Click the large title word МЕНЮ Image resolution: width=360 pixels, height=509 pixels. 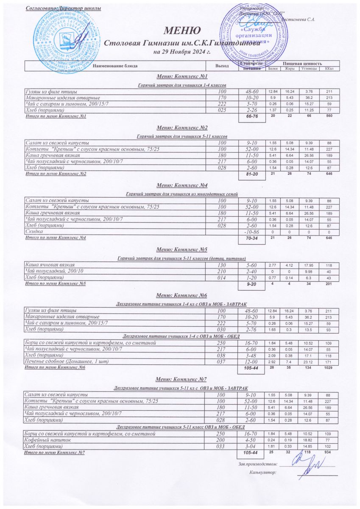[x=182, y=31]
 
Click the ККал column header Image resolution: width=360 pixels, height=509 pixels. [x=328, y=68]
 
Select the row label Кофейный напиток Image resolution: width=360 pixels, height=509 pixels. [x=46, y=440]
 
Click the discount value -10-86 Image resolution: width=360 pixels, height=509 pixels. [x=250, y=232]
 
